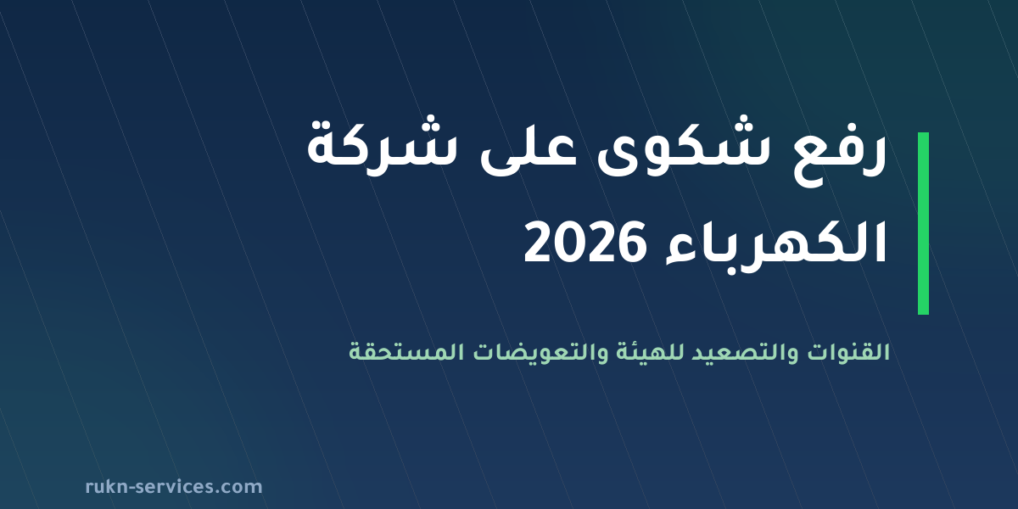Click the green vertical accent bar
(x=923, y=223)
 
